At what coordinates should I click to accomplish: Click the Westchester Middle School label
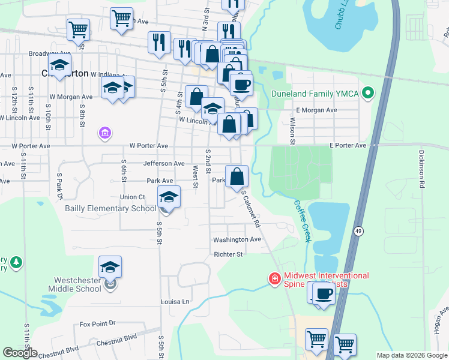pyautogui.click(x=77, y=284)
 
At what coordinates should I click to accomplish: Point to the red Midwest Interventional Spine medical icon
pyautogui.click(x=274, y=279)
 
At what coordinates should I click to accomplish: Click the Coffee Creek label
pyautogui.click(x=303, y=221)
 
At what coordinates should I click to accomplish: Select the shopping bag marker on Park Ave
pyautogui.click(x=237, y=176)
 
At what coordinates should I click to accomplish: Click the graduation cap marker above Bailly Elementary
pyautogui.click(x=169, y=197)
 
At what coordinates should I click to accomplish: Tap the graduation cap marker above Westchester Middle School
pyautogui.click(x=110, y=267)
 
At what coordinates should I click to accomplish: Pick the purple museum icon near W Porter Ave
pyautogui.click(x=104, y=132)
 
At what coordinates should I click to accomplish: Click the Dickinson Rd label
pyautogui.click(x=422, y=169)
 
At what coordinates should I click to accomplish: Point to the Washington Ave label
pyautogui.click(x=237, y=239)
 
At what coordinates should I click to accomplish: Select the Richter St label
pyautogui.click(x=228, y=254)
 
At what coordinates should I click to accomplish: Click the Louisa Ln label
pyautogui.click(x=175, y=301)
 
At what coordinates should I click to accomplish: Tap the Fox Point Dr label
pyautogui.click(x=97, y=324)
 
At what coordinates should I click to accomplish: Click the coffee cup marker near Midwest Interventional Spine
pyautogui.click(x=324, y=294)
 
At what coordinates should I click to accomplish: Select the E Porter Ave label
pyautogui.click(x=348, y=146)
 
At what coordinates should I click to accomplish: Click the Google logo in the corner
pyautogui.click(x=20, y=352)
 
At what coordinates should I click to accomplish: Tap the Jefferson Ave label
pyautogui.click(x=163, y=163)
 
